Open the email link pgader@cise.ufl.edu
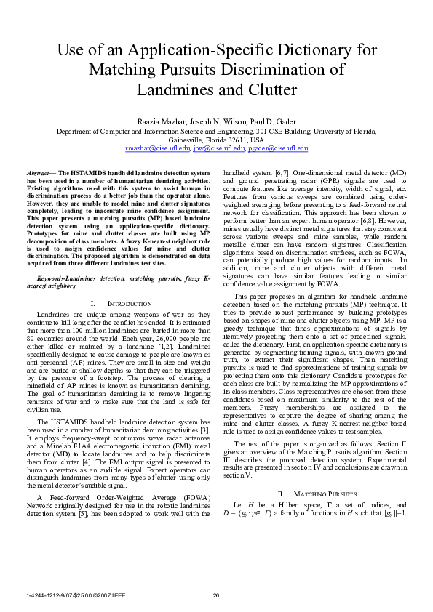(278, 148)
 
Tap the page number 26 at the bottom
(216, 595)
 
